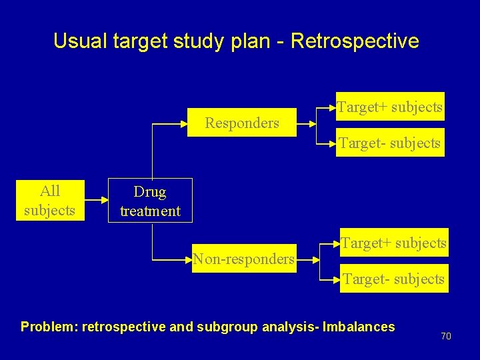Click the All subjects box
pos(49,201)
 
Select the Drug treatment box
pos(150,201)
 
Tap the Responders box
pos(241,123)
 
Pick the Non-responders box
pos(243,258)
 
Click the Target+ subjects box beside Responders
pos(389,107)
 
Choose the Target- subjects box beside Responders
pos(389,143)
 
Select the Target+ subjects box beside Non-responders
pos(393,243)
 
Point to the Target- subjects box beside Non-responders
pos(393,279)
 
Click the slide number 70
pos(446,336)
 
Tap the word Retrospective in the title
pos(355,41)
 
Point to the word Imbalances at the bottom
pos(359,327)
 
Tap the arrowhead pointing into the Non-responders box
pos(189,259)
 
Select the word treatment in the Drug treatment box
pos(150,211)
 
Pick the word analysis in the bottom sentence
pos(285,327)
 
